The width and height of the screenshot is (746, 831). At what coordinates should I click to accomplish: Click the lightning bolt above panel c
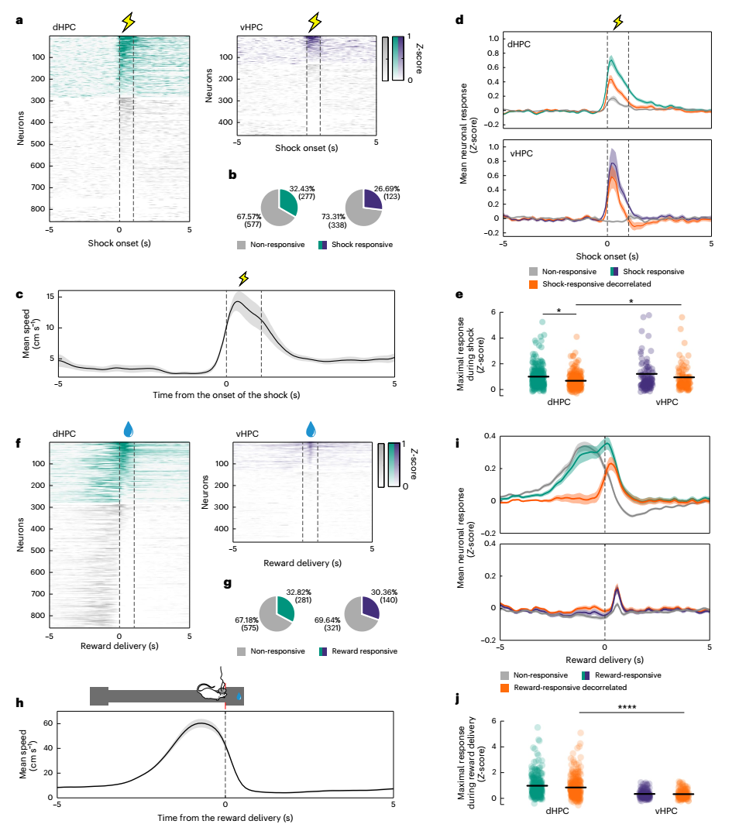[x=243, y=278]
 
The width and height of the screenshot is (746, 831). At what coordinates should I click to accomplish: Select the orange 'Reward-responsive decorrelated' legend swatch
[x=506, y=688]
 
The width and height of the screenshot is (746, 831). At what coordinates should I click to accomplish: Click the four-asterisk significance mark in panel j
[x=632, y=706]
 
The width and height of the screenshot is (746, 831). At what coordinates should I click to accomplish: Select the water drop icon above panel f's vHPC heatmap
[x=311, y=428]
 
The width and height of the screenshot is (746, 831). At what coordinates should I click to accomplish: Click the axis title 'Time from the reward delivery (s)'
[x=225, y=817]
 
